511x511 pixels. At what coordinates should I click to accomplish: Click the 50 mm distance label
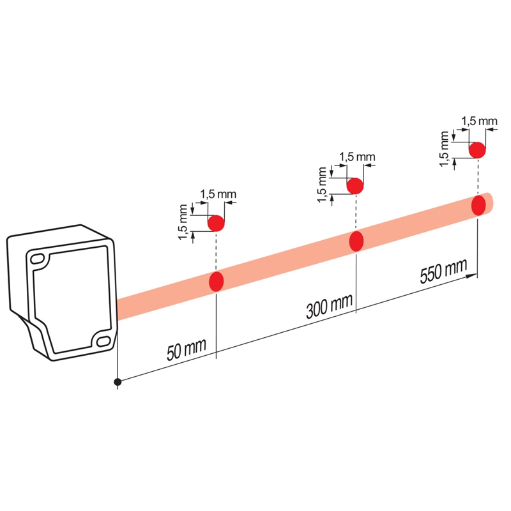point(187,349)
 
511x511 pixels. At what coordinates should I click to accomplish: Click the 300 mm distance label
point(330,306)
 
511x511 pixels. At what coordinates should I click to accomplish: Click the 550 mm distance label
point(443,271)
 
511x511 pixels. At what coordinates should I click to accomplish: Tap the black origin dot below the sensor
point(118,382)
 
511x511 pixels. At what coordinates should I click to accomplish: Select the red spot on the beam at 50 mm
point(216,281)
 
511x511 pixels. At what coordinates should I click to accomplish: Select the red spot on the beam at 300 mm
point(356,241)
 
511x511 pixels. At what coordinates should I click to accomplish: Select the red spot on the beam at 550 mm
point(478,205)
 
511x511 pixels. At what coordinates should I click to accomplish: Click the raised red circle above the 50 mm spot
point(216,223)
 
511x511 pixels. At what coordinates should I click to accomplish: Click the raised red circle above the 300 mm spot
point(355,186)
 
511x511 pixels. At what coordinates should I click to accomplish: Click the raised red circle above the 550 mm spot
point(477,150)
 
